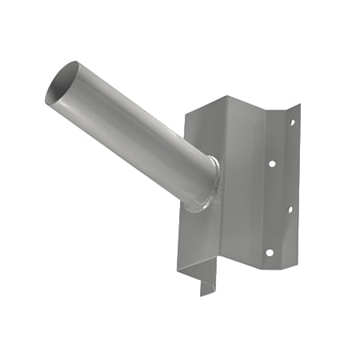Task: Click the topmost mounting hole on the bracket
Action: (292, 122)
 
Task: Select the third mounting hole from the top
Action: (290, 210)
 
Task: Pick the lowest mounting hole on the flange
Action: (270, 253)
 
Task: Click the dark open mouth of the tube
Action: (62, 82)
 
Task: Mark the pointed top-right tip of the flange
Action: (298, 106)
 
